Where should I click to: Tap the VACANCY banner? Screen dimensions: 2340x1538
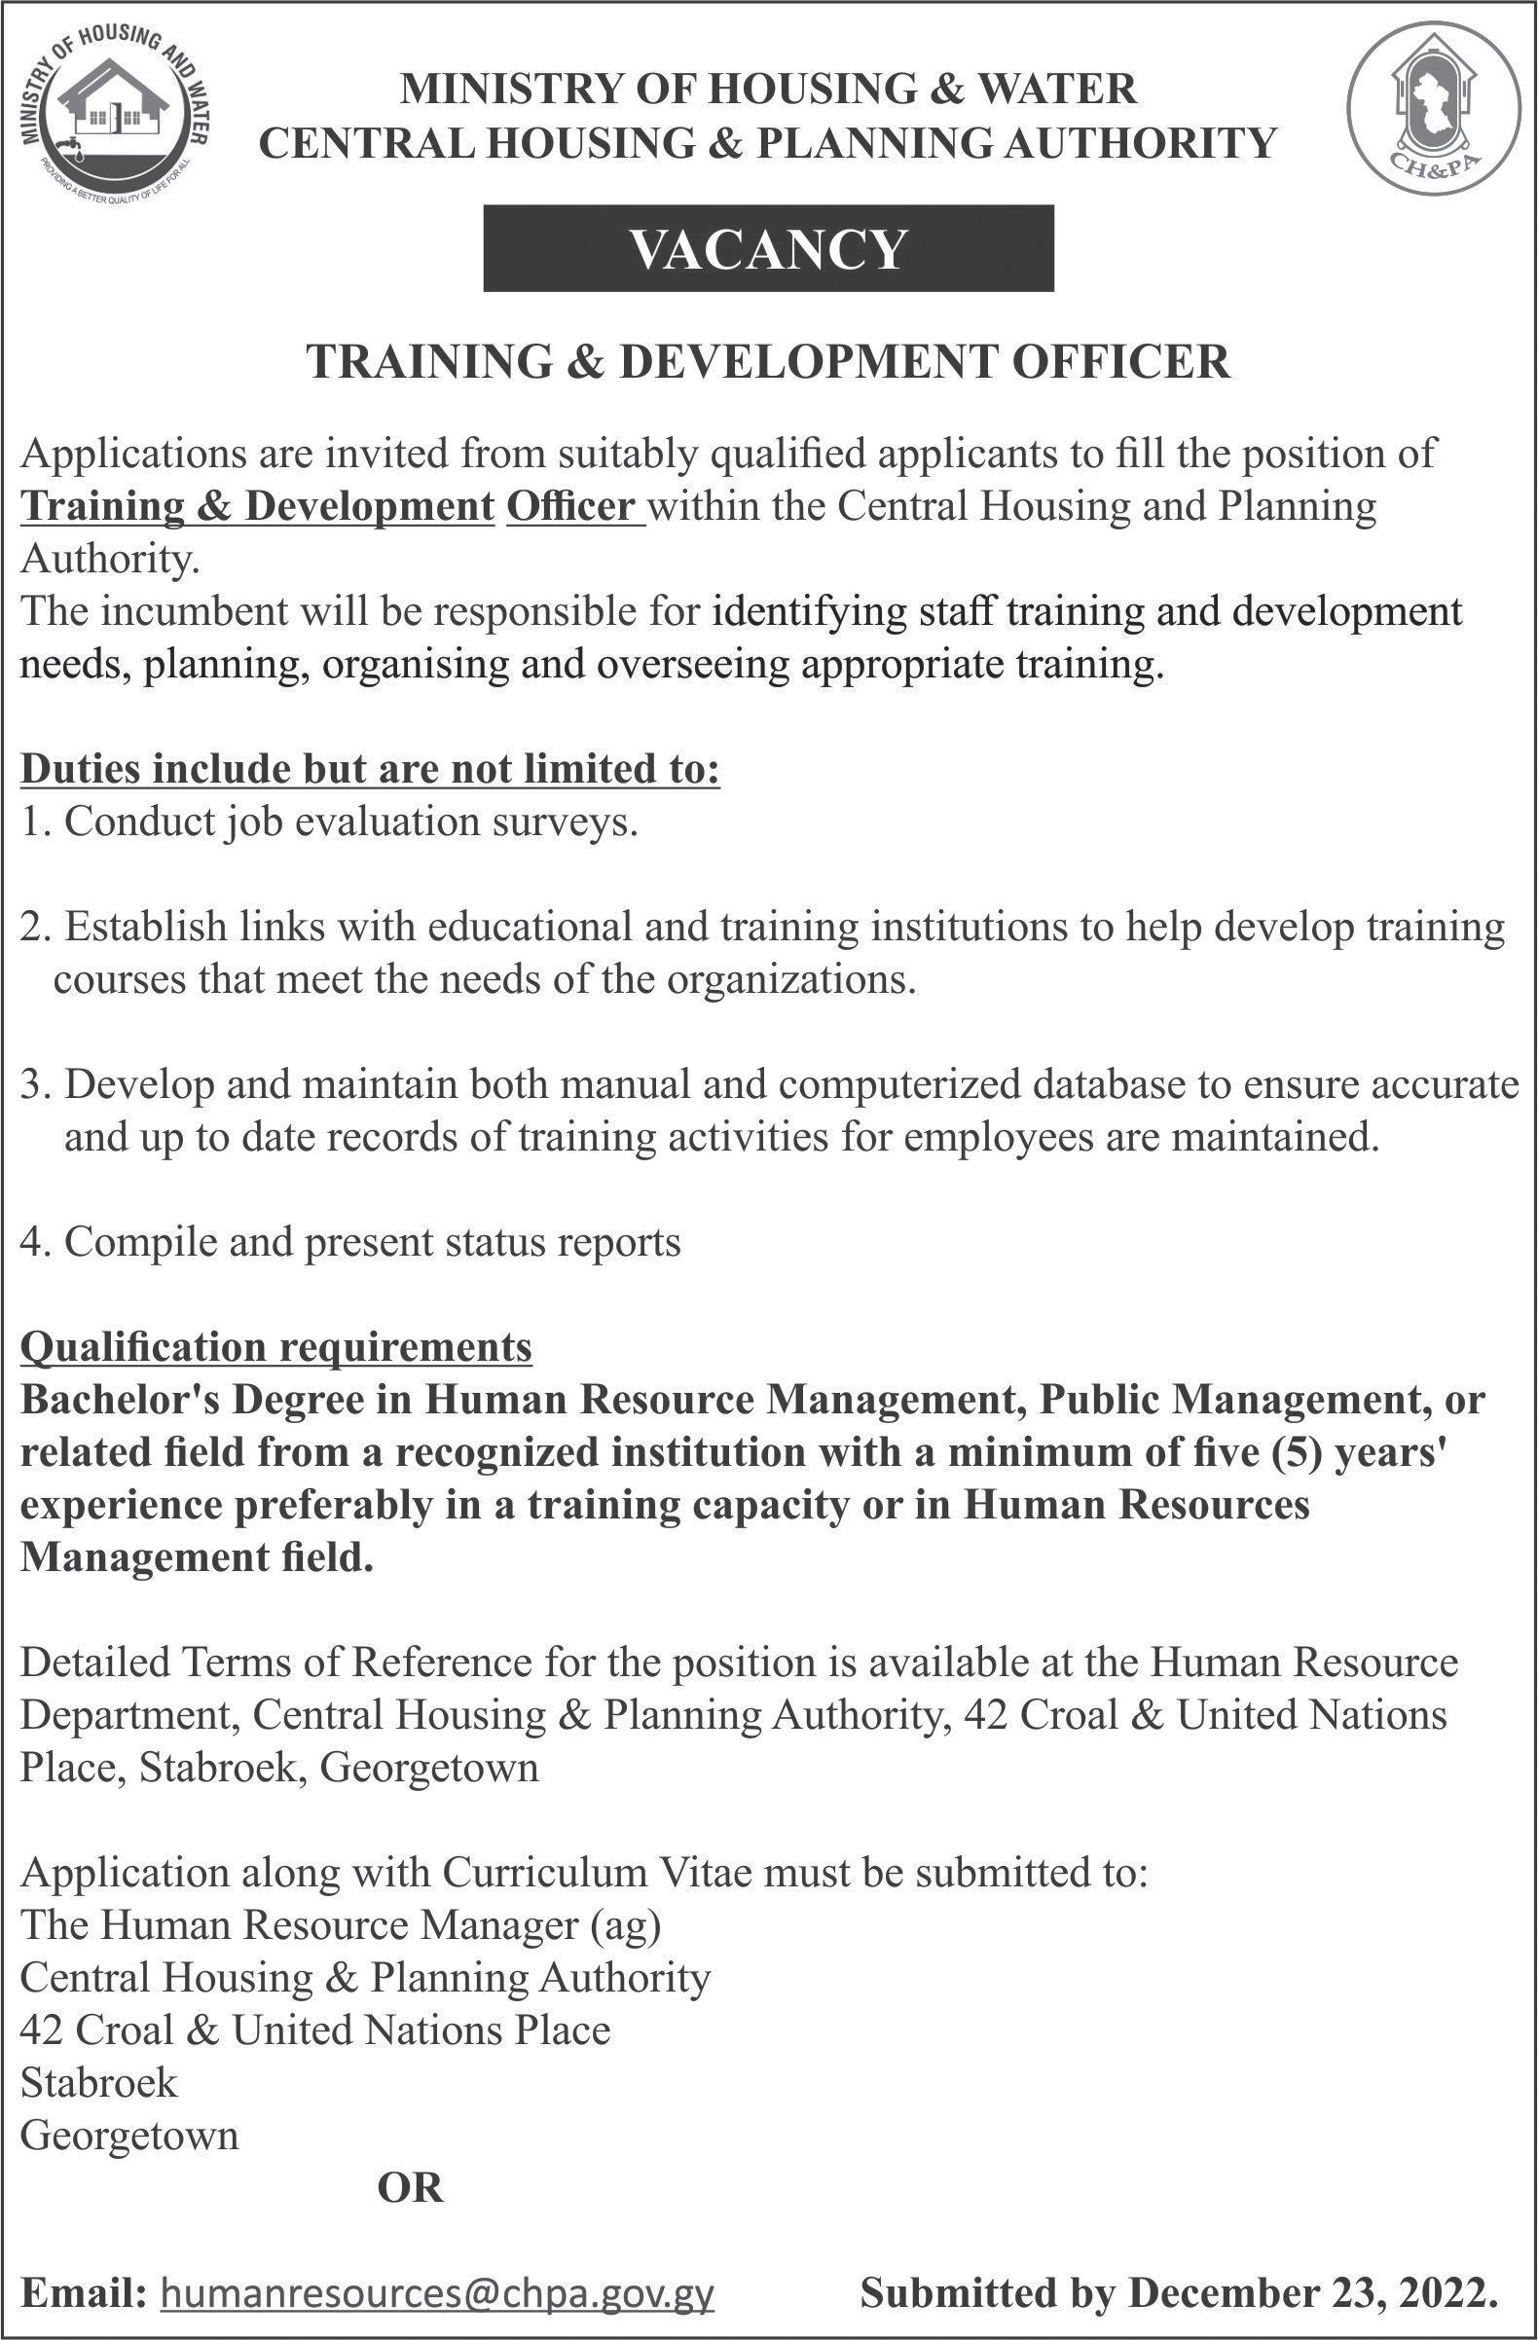click(768, 248)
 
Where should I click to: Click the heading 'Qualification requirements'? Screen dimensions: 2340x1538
click(276, 1346)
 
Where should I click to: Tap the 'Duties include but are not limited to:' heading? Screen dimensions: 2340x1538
click(371, 770)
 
